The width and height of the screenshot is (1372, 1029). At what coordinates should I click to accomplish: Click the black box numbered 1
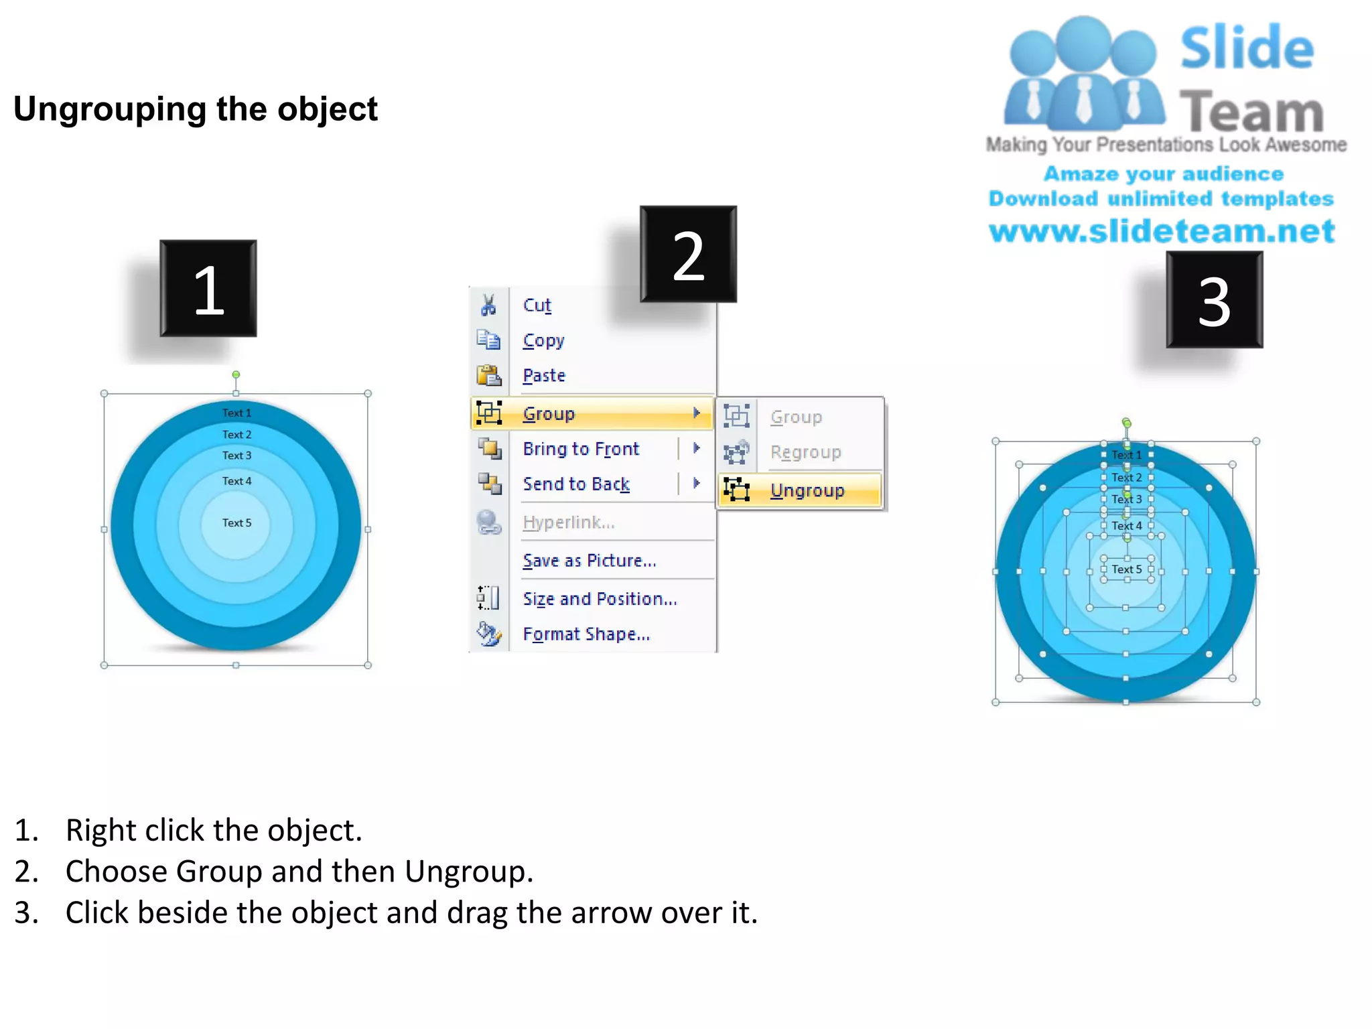tap(208, 289)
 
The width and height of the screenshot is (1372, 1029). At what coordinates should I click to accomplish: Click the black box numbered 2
tap(688, 255)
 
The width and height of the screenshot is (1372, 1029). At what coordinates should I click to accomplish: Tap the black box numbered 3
tap(1214, 300)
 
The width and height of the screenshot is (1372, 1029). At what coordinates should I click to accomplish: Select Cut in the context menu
tap(537, 305)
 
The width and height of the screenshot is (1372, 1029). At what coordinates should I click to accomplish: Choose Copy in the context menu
tap(543, 340)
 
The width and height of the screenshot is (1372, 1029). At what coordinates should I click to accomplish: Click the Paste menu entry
tap(543, 375)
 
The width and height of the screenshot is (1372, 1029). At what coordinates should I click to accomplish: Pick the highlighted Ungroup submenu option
tap(807, 490)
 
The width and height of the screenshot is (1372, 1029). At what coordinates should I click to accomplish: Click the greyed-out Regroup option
tap(805, 452)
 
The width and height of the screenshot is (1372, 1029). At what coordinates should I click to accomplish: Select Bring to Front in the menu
tap(581, 448)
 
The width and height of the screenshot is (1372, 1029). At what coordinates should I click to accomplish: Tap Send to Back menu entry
tap(575, 484)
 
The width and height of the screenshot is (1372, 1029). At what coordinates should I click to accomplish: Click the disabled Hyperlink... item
tap(568, 522)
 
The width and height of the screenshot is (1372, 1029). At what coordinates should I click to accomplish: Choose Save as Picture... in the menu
tap(589, 560)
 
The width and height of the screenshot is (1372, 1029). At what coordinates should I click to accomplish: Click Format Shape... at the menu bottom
tap(586, 634)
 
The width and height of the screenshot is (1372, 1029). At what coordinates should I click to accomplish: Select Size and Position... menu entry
tap(600, 598)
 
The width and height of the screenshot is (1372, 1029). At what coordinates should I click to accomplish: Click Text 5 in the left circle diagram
tap(236, 523)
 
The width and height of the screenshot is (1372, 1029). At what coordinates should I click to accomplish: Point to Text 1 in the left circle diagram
tap(236, 413)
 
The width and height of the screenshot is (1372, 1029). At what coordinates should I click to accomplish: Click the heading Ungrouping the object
tap(196, 109)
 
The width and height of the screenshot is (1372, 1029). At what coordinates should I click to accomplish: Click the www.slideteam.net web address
tap(1162, 231)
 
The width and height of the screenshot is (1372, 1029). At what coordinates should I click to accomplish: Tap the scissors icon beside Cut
tap(488, 305)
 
